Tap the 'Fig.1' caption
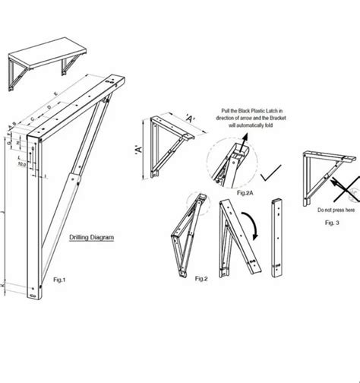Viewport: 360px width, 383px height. pos(59,280)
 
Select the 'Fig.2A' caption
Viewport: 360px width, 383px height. pos(225,195)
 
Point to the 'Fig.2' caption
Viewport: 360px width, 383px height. pos(201,280)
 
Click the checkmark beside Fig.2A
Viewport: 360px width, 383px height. pos(267,176)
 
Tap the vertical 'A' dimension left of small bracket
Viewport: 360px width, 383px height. pos(140,147)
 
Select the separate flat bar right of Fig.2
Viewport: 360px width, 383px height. pos(278,239)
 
